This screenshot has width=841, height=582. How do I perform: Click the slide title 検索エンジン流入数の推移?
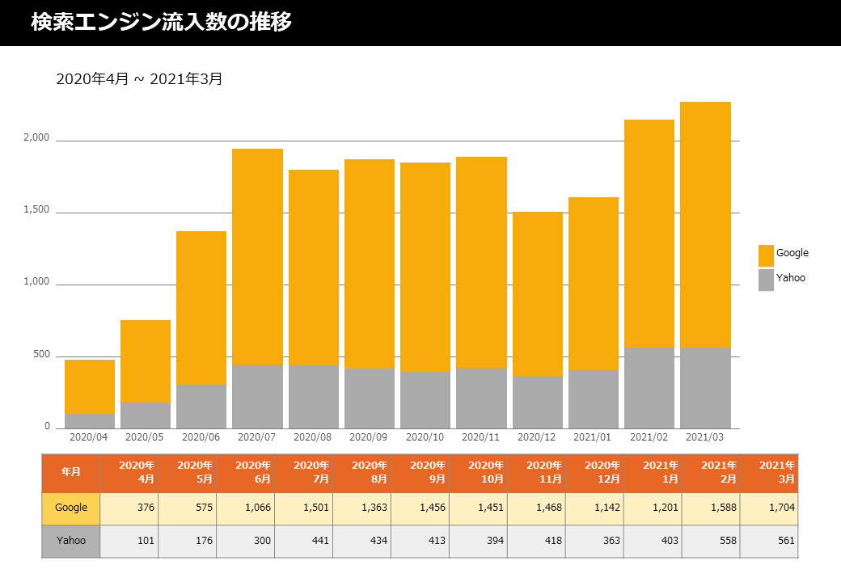coord(161,22)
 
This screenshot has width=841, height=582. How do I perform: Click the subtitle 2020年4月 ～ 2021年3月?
coord(139,78)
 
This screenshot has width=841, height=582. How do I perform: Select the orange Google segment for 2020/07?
coord(257,257)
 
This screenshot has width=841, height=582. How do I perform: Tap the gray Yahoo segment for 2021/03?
coord(705,388)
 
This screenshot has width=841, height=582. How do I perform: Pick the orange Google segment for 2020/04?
coord(90,387)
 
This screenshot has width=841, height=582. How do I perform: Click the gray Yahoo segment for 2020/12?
coord(538,403)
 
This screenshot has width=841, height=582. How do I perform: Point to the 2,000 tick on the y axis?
coord(36,137)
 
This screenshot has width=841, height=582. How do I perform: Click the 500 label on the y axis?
coord(41,354)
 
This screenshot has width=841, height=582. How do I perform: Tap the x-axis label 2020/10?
coord(425,437)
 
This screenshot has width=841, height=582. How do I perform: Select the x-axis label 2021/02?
coord(649,437)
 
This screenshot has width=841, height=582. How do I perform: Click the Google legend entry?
coord(784,255)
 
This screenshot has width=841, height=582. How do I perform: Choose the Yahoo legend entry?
coord(782,280)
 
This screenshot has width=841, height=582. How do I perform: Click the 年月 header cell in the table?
coord(71,473)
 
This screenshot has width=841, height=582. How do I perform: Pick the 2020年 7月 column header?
coord(304,473)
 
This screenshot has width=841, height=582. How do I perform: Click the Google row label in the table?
coord(71,508)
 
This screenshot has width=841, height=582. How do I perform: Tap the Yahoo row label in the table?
coord(71,542)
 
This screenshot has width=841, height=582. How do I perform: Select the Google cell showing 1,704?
coord(769,508)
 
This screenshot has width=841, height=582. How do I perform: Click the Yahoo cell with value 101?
coord(129,542)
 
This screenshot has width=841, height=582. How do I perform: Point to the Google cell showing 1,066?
coord(246,508)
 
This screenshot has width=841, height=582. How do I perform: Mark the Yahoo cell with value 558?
coord(711,542)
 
